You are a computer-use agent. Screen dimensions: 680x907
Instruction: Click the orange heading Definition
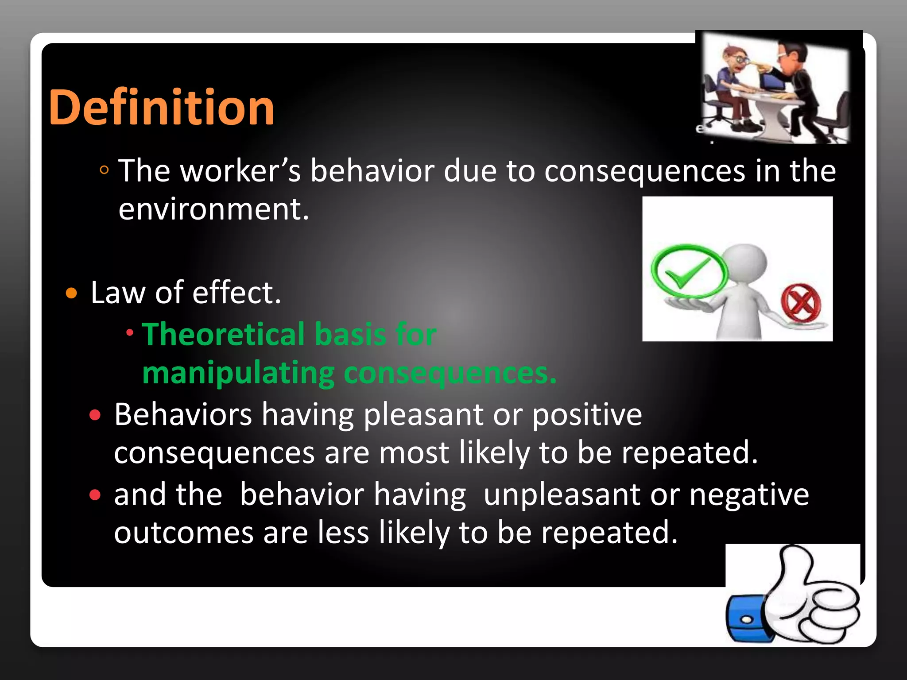161,108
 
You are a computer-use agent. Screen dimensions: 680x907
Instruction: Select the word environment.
213,209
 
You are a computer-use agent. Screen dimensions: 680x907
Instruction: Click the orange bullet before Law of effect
71,293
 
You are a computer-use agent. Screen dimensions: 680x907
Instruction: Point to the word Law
118,293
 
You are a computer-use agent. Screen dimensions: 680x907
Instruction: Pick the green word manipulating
238,373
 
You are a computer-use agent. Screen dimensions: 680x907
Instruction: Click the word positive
586,415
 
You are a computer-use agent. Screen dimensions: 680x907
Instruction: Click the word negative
749,495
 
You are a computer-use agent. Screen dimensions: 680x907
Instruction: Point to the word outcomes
183,533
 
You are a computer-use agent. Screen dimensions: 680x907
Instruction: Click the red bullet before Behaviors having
95,415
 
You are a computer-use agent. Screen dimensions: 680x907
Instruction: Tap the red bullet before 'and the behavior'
95,495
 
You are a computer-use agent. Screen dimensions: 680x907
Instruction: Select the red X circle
801,304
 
